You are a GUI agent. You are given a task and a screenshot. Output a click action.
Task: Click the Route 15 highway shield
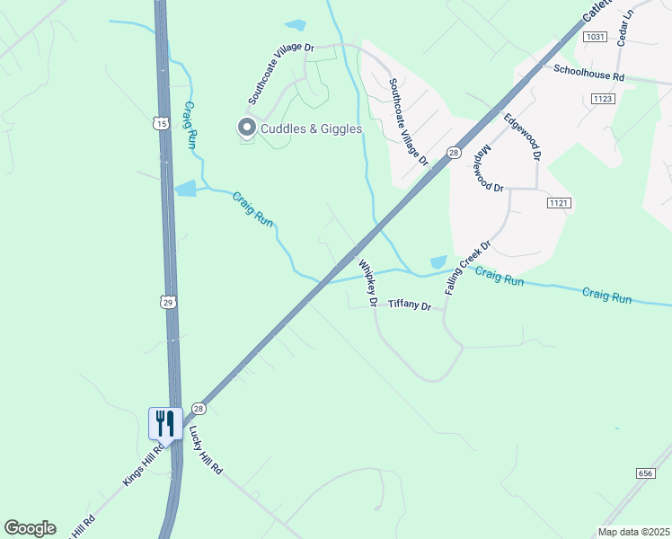pyautogui.click(x=161, y=122)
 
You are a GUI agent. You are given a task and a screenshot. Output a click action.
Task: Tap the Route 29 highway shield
pyautogui.click(x=168, y=303)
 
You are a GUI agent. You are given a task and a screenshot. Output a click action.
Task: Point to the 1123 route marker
pyautogui.click(x=603, y=98)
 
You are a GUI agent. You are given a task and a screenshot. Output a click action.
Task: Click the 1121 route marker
pyautogui.click(x=558, y=204)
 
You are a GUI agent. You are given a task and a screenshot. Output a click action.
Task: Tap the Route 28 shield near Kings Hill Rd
pyautogui.click(x=199, y=408)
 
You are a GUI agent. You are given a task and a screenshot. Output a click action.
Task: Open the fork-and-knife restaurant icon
pyautogui.click(x=165, y=423)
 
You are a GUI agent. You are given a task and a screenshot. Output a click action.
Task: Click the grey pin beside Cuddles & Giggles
pyautogui.click(x=245, y=128)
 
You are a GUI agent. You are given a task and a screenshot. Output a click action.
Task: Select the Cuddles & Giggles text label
pyautogui.click(x=311, y=128)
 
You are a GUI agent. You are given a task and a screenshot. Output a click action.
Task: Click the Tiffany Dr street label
pyautogui.click(x=410, y=306)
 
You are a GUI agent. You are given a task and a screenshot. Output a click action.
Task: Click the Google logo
pyautogui.click(x=31, y=528)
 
